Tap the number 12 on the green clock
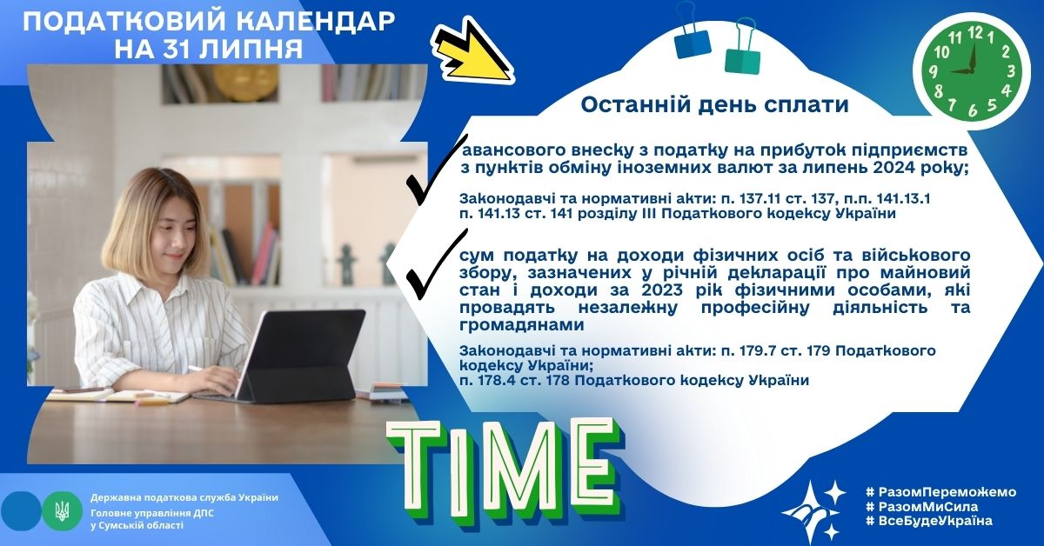(975, 33)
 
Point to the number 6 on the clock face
(973, 110)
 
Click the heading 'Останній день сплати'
(714, 105)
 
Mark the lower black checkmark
(436, 264)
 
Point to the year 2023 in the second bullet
(662, 290)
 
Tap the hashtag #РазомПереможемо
(940, 492)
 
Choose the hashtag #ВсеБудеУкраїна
(929, 521)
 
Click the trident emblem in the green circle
(62, 511)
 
